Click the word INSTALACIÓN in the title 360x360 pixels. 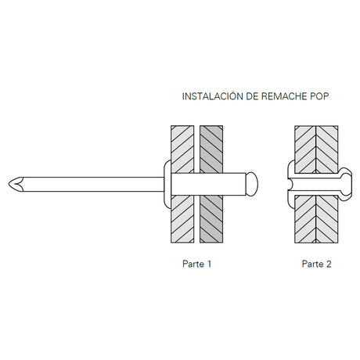[x=213, y=96]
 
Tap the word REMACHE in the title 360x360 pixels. [x=284, y=96]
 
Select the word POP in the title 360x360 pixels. [x=319, y=96]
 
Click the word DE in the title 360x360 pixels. [x=253, y=96]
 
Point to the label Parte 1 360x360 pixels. [x=196, y=264]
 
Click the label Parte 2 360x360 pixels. [x=316, y=264]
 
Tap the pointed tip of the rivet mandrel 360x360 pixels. [x=9, y=184]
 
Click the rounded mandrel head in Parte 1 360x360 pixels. [x=252, y=184]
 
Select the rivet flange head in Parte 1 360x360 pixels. [x=167, y=184]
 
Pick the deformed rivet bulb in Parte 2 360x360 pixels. [x=346, y=184]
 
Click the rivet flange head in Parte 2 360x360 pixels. [x=291, y=184]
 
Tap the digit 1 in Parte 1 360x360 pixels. [x=209, y=264]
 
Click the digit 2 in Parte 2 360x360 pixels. [x=329, y=264]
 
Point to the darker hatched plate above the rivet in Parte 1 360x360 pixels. [x=211, y=149]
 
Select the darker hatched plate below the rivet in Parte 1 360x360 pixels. [x=211, y=219]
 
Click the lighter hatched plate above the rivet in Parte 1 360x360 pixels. [x=182, y=149]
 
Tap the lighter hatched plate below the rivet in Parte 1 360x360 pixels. [x=182, y=219]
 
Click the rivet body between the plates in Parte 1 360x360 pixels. [x=208, y=184]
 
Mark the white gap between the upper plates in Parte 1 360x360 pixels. [x=197, y=149]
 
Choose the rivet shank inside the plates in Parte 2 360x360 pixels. [x=316, y=184]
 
